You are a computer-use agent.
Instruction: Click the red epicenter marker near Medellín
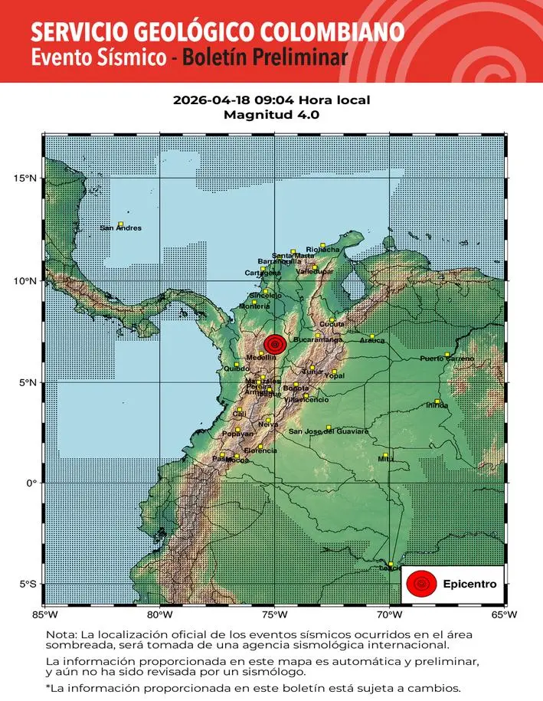click(x=275, y=345)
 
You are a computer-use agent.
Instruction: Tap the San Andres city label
click(x=121, y=228)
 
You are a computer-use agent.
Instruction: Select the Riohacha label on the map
click(x=322, y=249)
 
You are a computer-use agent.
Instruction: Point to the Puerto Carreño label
click(x=447, y=359)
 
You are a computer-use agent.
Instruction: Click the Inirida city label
click(x=437, y=406)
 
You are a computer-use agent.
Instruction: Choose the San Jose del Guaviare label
click(x=328, y=431)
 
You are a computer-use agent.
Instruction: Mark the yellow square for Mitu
click(x=385, y=454)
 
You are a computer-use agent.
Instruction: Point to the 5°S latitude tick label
click(x=28, y=585)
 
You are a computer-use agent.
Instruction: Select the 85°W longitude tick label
click(x=44, y=614)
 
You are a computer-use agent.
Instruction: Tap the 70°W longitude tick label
click(x=390, y=614)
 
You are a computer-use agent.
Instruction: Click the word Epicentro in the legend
click(x=469, y=585)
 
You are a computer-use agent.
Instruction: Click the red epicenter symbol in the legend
click(x=420, y=585)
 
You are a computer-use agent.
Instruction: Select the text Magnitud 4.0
click(x=271, y=115)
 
